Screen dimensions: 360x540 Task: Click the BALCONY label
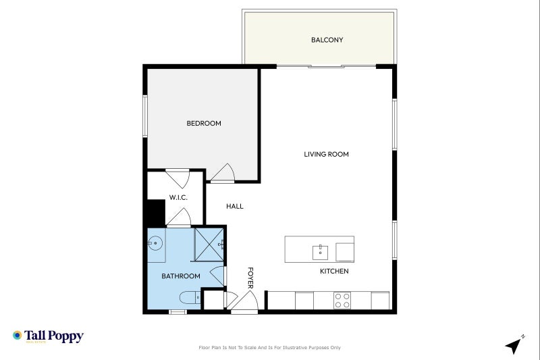coord(327,40)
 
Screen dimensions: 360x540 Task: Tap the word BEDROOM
coord(204,124)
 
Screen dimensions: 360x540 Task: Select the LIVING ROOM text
coord(326,155)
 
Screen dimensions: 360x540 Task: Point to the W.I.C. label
coord(178,197)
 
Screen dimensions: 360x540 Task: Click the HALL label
coord(235,207)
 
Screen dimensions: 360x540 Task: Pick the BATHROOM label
coord(180,276)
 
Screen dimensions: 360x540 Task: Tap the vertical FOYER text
coord(250,278)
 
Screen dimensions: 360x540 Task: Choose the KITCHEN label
coord(334,272)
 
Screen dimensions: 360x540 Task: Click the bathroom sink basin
coord(155,241)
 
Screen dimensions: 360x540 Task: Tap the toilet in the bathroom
coord(189,297)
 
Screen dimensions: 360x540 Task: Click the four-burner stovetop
coord(342,300)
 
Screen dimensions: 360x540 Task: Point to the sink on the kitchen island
coord(320,252)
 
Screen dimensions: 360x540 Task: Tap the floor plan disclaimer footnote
coord(269,348)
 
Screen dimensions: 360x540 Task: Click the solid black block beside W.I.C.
coord(155,213)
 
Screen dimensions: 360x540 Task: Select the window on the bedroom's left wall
coord(145,116)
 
